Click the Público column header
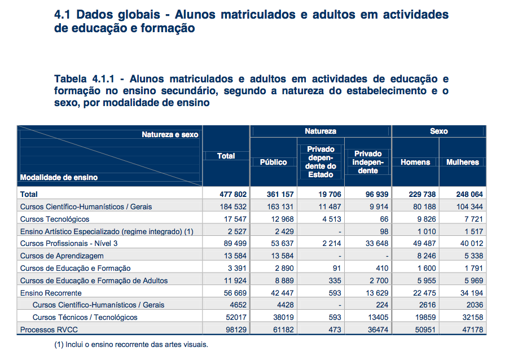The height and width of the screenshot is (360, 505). [x=273, y=162]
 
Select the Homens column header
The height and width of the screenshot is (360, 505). [x=415, y=162]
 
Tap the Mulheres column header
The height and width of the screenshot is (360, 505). [x=462, y=162]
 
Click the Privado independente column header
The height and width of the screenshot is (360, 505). [x=368, y=162]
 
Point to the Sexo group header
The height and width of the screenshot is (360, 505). [x=438, y=131]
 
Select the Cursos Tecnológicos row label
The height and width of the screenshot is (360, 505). [x=55, y=219]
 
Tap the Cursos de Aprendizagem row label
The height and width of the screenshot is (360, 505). [x=60, y=256]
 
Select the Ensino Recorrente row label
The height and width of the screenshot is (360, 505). [x=51, y=293]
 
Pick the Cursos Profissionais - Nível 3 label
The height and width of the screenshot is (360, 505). [x=68, y=243]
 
